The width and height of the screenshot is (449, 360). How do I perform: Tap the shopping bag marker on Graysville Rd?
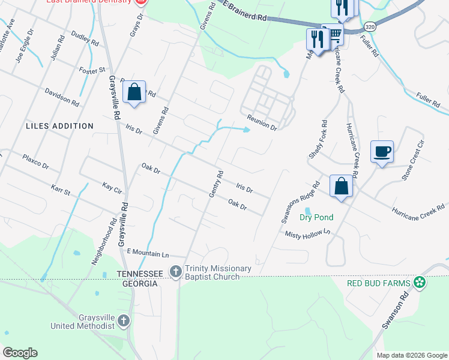pyautogui.click(x=134, y=92)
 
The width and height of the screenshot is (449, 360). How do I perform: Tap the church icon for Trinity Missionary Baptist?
pyautogui.click(x=175, y=272)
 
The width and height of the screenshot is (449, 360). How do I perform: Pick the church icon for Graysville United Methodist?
pyautogui.click(x=124, y=320)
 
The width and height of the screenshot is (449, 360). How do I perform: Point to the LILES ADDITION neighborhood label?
pyautogui.click(x=59, y=126)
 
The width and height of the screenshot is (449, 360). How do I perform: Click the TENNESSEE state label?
pyautogui.click(x=139, y=274)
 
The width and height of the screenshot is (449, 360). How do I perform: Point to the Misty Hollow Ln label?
pyautogui.click(x=308, y=235)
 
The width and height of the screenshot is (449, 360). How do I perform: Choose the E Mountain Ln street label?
pyautogui.click(x=148, y=254)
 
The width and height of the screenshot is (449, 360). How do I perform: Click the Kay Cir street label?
pyautogui.click(x=112, y=187)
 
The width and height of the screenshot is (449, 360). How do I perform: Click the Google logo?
pyautogui.click(x=20, y=353)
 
